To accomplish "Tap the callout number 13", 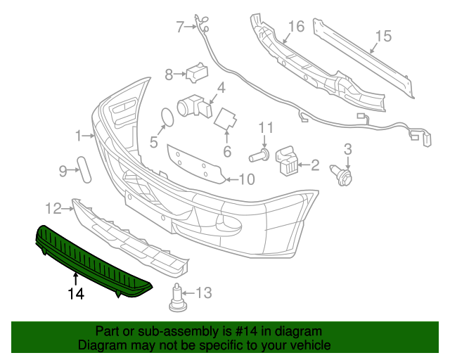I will coord(202,292).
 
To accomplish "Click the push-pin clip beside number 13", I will coord(177,297).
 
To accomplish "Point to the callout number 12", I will coord(53,208).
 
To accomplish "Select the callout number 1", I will coord(79,134).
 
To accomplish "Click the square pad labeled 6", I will coord(225,120).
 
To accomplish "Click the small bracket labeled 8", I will coord(196,71).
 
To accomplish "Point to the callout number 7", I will coord(180,28).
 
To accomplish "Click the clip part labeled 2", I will coord(286,161).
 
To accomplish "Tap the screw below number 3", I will coord(347,174).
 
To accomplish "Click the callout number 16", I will coord(296,27).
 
